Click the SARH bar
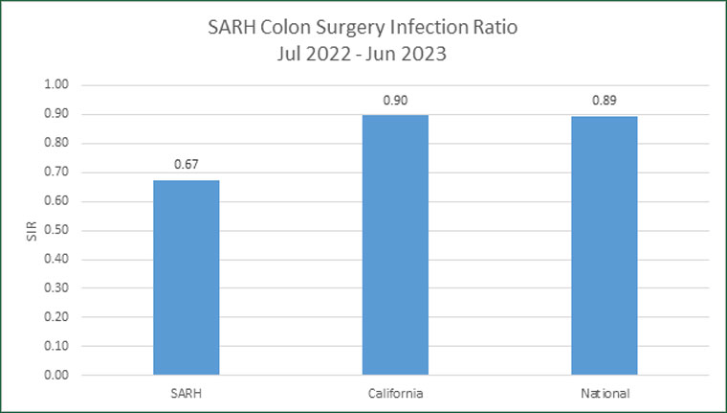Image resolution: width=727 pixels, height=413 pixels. click(x=186, y=277)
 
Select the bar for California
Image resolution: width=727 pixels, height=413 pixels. click(x=395, y=244)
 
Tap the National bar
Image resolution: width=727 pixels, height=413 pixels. click(x=605, y=245)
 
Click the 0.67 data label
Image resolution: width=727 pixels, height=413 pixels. click(x=186, y=165)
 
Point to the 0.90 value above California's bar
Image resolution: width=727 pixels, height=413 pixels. click(x=395, y=100)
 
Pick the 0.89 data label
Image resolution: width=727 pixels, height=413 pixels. click(x=605, y=101)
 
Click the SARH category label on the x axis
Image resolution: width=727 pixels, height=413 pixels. click(x=186, y=392)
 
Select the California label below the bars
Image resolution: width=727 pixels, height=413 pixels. click(x=395, y=392)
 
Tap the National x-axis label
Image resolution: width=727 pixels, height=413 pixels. click(x=605, y=392)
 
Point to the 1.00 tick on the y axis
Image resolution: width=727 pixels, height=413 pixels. click(x=58, y=85)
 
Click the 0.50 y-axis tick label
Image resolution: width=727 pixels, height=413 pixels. click(x=58, y=230)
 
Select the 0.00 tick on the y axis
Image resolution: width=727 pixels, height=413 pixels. click(x=58, y=375)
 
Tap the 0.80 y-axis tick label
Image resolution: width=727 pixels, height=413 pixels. click(x=58, y=143)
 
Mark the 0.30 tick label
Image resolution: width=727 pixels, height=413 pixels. click(x=58, y=288)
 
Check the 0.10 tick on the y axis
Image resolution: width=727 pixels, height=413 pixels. click(x=58, y=346)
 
